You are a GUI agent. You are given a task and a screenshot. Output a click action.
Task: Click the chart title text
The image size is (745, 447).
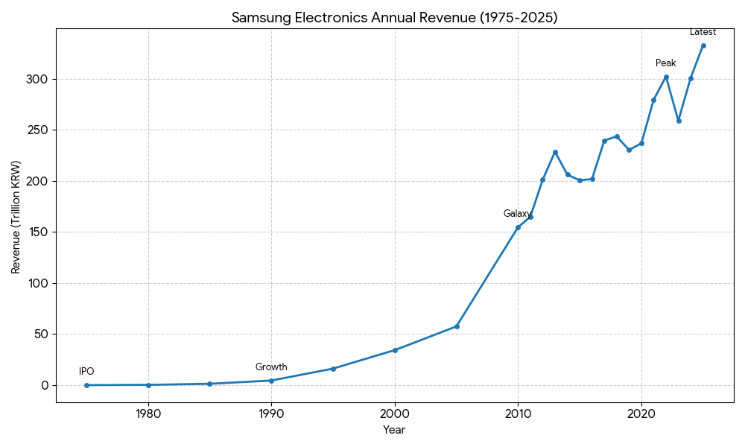pyautogui.click(x=394, y=18)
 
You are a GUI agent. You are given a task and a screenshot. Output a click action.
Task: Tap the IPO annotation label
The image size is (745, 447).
pyautogui.click(x=86, y=372)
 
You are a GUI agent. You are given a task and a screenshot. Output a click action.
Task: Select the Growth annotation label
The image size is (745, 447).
pyautogui.click(x=271, y=367)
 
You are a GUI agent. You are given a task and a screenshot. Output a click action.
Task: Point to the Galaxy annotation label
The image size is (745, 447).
pyautogui.click(x=517, y=214)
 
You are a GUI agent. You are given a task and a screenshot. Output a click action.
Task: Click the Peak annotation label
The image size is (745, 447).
pyautogui.click(x=665, y=63)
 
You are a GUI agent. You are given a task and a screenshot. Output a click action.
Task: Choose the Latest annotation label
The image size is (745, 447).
pyautogui.click(x=703, y=32)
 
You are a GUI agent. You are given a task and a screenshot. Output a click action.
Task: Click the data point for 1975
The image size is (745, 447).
pyautogui.click(x=86, y=385)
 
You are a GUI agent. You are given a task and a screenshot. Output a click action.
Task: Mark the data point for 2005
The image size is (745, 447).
pyautogui.click(x=457, y=326)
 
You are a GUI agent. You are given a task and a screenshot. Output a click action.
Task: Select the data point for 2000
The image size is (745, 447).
pyautogui.click(x=395, y=350)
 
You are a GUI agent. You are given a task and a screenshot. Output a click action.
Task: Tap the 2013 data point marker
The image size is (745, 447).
pyautogui.click(x=555, y=152)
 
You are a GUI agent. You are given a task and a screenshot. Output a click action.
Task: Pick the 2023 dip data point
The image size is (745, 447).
pyautogui.click(x=679, y=121)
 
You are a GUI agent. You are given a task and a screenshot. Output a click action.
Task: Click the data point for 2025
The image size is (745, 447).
pyautogui.click(x=703, y=45)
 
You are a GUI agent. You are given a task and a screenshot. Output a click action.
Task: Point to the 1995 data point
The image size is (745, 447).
pyautogui.click(x=333, y=369)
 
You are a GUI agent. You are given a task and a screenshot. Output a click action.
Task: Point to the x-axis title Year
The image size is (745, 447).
pyautogui.click(x=394, y=430)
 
